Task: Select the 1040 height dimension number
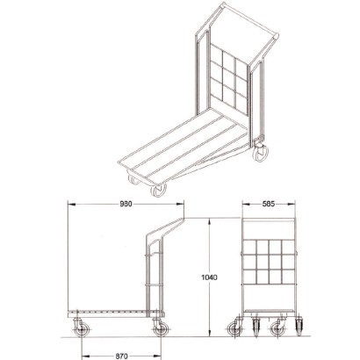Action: pyautogui.click(x=209, y=277)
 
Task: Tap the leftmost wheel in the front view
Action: pyautogui.click(x=236, y=331)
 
